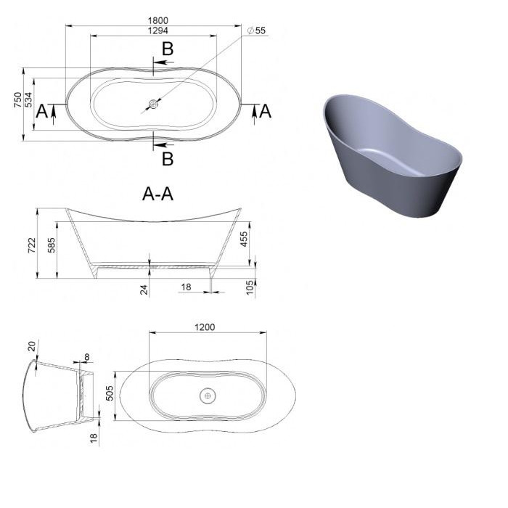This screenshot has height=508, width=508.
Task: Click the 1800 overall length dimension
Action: tap(158, 20)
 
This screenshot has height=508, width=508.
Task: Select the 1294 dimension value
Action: tap(158, 30)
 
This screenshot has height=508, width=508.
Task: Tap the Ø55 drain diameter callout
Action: tap(256, 30)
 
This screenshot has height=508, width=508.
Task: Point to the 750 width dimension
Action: tap(17, 100)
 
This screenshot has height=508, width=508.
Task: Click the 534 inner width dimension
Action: tap(28, 100)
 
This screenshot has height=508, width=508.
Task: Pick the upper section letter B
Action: tap(168, 49)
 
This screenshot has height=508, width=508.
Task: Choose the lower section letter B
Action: tap(168, 159)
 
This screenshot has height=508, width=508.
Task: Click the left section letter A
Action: tap(42, 111)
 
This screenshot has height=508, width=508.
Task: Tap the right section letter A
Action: tap(266, 111)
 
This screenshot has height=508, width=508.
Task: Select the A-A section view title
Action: tap(157, 194)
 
